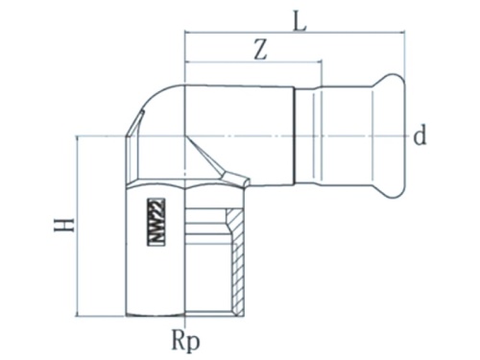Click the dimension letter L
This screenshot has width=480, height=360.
[300, 20]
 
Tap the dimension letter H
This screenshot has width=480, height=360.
[63, 226]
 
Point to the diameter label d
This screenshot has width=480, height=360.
[419, 136]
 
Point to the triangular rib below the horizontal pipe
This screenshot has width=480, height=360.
[230, 174]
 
